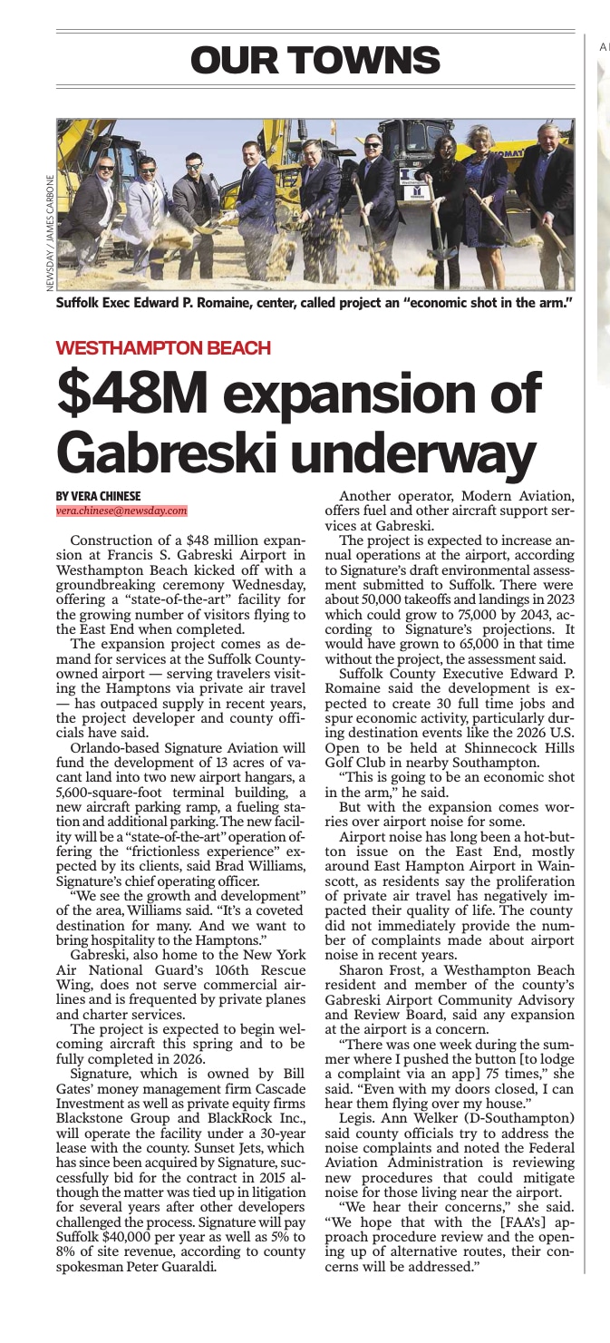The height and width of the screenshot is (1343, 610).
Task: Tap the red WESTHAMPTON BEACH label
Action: point(163,347)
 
